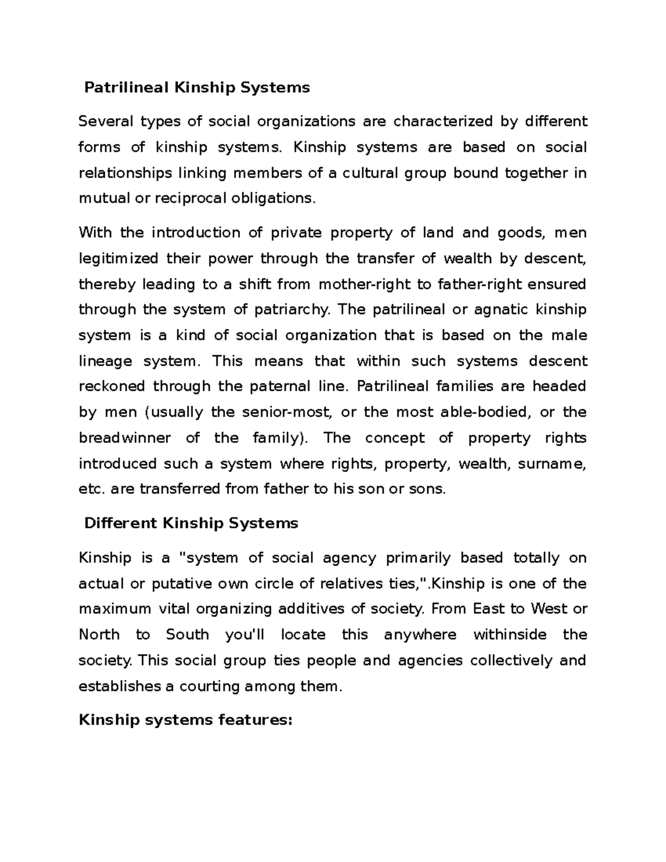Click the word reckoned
(x=112, y=386)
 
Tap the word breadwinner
(x=125, y=438)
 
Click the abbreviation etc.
(x=91, y=489)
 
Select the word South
(x=186, y=634)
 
